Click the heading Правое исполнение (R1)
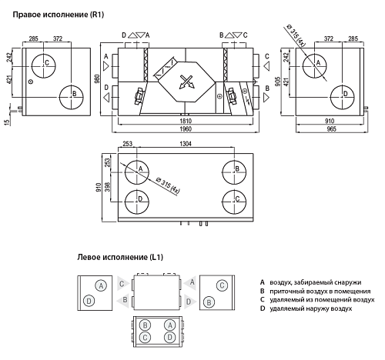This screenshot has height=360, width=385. (59, 15)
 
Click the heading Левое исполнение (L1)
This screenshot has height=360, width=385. (120, 257)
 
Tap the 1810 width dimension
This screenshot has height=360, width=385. (186, 121)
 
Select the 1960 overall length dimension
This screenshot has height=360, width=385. (186, 128)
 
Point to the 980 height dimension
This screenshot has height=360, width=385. (97, 79)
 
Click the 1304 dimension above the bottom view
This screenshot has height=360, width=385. (186, 144)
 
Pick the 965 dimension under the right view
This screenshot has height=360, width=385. (331, 128)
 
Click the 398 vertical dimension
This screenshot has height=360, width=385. (107, 187)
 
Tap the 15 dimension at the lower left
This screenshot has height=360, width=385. (7, 122)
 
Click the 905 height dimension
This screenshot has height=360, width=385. (278, 81)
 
